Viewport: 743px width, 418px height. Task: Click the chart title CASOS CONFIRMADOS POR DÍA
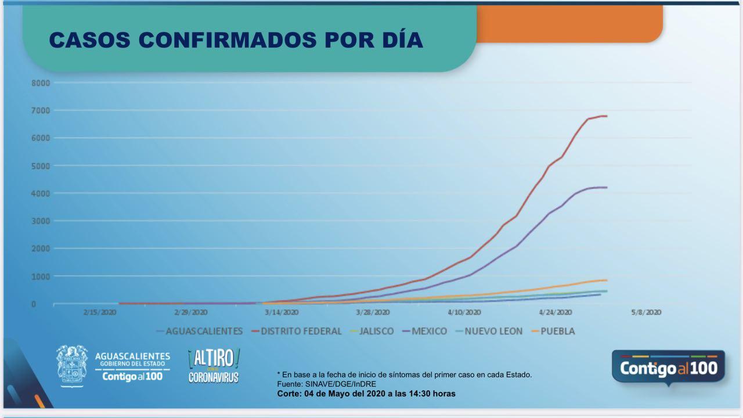click(236, 39)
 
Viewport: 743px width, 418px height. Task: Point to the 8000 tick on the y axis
click(41, 83)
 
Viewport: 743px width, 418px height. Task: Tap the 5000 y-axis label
click(41, 166)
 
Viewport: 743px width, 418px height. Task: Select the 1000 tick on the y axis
click(41, 276)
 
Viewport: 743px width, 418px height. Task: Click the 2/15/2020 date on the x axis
click(100, 312)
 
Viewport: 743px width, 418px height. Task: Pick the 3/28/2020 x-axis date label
click(373, 312)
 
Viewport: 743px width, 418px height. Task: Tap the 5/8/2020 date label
click(646, 312)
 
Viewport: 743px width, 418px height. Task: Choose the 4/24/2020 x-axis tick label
click(556, 312)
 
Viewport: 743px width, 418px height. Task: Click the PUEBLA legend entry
click(557, 331)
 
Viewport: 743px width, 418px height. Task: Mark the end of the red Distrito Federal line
click(607, 116)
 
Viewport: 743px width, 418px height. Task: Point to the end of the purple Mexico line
click(607, 188)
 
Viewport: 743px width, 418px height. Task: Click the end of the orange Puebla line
click(607, 280)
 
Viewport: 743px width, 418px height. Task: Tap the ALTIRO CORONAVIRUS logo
click(214, 366)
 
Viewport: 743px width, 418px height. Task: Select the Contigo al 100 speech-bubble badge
click(668, 367)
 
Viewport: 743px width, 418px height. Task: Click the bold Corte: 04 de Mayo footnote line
click(366, 394)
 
